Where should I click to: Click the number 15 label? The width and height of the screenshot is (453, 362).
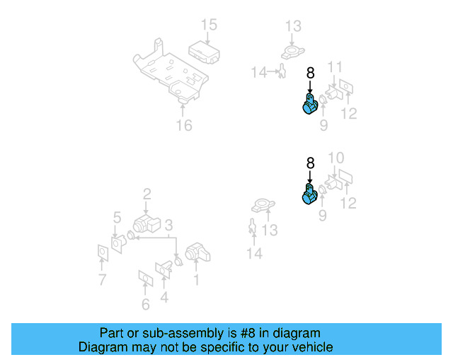point(208,25)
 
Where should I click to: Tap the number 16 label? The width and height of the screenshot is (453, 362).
point(183,126)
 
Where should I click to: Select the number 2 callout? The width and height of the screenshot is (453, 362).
point(147,194)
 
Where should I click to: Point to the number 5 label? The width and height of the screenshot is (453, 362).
point(117,218)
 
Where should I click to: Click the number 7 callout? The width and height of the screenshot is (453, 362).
point(102,280)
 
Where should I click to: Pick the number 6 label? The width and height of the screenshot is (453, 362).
point(145,305)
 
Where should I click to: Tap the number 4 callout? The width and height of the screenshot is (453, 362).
point(164,297)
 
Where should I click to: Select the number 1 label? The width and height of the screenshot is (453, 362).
point(196,281)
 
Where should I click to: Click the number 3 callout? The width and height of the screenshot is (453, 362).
point(168,226)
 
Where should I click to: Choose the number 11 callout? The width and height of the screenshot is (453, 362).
point(335,68)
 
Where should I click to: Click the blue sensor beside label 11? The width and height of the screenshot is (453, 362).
point(308,105)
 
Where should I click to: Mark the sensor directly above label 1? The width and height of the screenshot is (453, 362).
point(196,252)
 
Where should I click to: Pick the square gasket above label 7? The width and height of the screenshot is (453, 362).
point(101,252)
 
